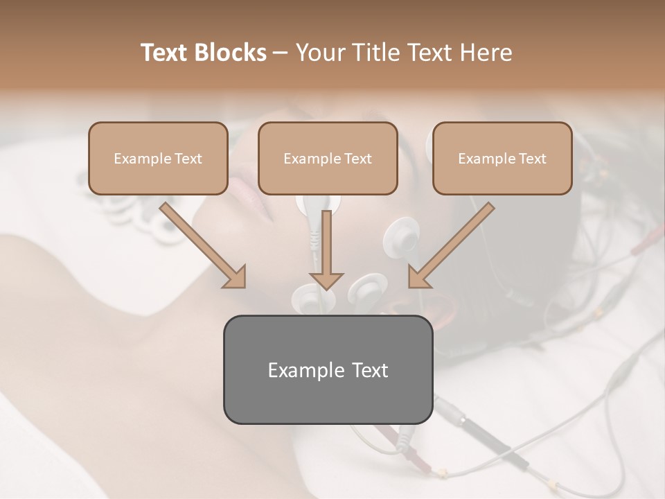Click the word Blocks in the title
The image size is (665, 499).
(231, 53)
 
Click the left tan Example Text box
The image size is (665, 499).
(158, 158)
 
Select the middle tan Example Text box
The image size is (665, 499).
(328, 158)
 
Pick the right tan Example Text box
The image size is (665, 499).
(502, 158)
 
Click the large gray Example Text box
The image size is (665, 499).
(328, 369)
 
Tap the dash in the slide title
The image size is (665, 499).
(281, 53)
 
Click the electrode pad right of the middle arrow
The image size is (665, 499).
(367, 288)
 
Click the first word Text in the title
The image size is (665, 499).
(166, 53)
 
